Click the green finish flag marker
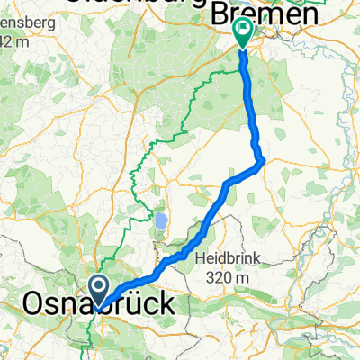coord(243,32)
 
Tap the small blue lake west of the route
coord(161,220)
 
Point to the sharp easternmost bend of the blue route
coord(263,162)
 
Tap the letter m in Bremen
coord(270,15)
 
